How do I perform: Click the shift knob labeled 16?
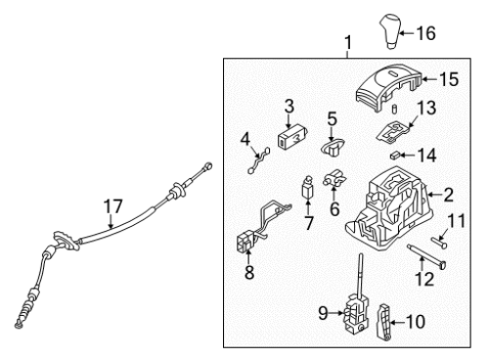(x=389, y=31)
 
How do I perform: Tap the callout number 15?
(x=449, y=79)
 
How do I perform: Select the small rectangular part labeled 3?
(x=292, y=137)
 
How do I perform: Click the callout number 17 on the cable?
(x=112, y=206)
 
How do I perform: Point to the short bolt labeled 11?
(x=439, y=243)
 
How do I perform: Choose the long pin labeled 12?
(x=426, y=256)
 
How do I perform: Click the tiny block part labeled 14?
(x=395, y=156)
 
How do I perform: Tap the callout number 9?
(x=323, y=313)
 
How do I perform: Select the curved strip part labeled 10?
(x=384, y=322)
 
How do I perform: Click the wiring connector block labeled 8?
(x=246, y=243)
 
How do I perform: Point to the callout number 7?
(x=308, y=224)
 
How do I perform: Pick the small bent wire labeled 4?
(x=259, y=159)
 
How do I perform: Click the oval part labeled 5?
(x=333, y=147)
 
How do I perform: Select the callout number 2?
(x=448, y=195)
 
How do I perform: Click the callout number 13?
(x=426, y=108)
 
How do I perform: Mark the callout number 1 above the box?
(x=348, y=43)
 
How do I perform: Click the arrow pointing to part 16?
(x=407, y=33)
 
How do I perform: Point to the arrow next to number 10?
(x=397, y=323)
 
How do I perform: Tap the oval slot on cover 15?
(x=395, y=73)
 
